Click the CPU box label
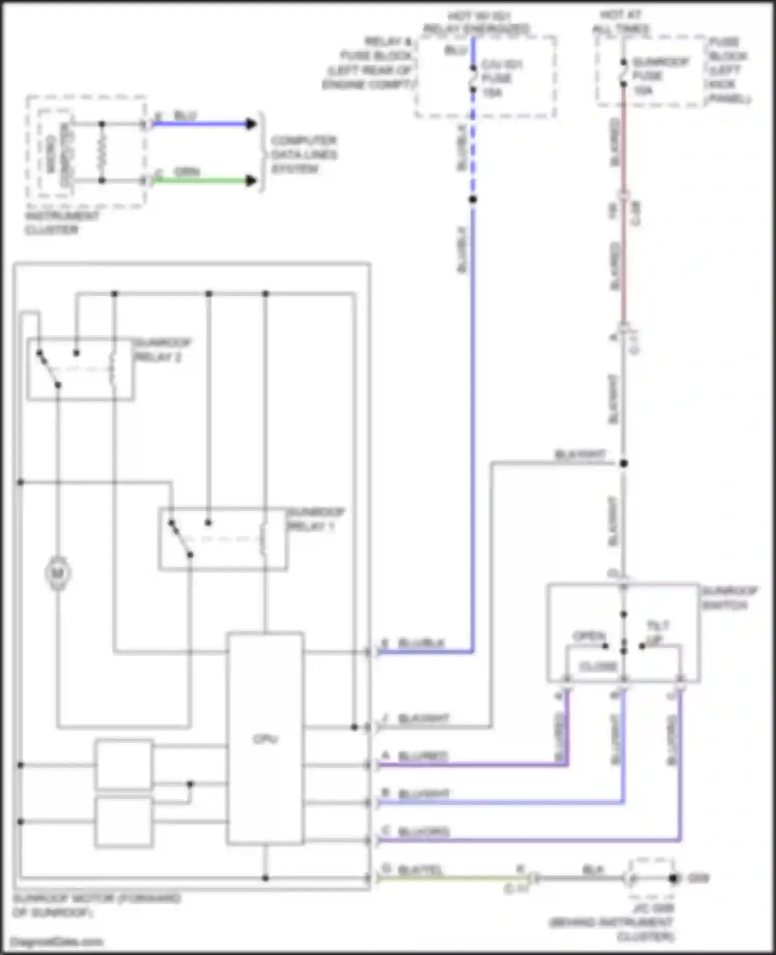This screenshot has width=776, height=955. [265, 739]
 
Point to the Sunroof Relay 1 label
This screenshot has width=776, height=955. [315, 519]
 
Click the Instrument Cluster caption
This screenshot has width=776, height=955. [62, 223]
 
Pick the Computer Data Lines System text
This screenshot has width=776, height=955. [304, 155]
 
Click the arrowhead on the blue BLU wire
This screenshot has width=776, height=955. [251, 124]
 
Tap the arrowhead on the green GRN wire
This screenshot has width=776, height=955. [251, 181]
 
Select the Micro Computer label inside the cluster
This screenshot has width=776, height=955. [58, 154]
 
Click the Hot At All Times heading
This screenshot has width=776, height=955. [620, 22]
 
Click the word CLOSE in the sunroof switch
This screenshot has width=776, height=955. [598, 666]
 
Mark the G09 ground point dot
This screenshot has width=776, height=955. [673, 878]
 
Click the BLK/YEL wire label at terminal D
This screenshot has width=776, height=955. [420, 870]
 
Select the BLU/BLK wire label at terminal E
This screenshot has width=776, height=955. [421, 643]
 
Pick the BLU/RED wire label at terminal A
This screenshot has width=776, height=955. [422, 756]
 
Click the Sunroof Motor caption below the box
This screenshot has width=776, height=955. [96, 905]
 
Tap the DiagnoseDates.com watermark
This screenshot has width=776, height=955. [57, 942]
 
